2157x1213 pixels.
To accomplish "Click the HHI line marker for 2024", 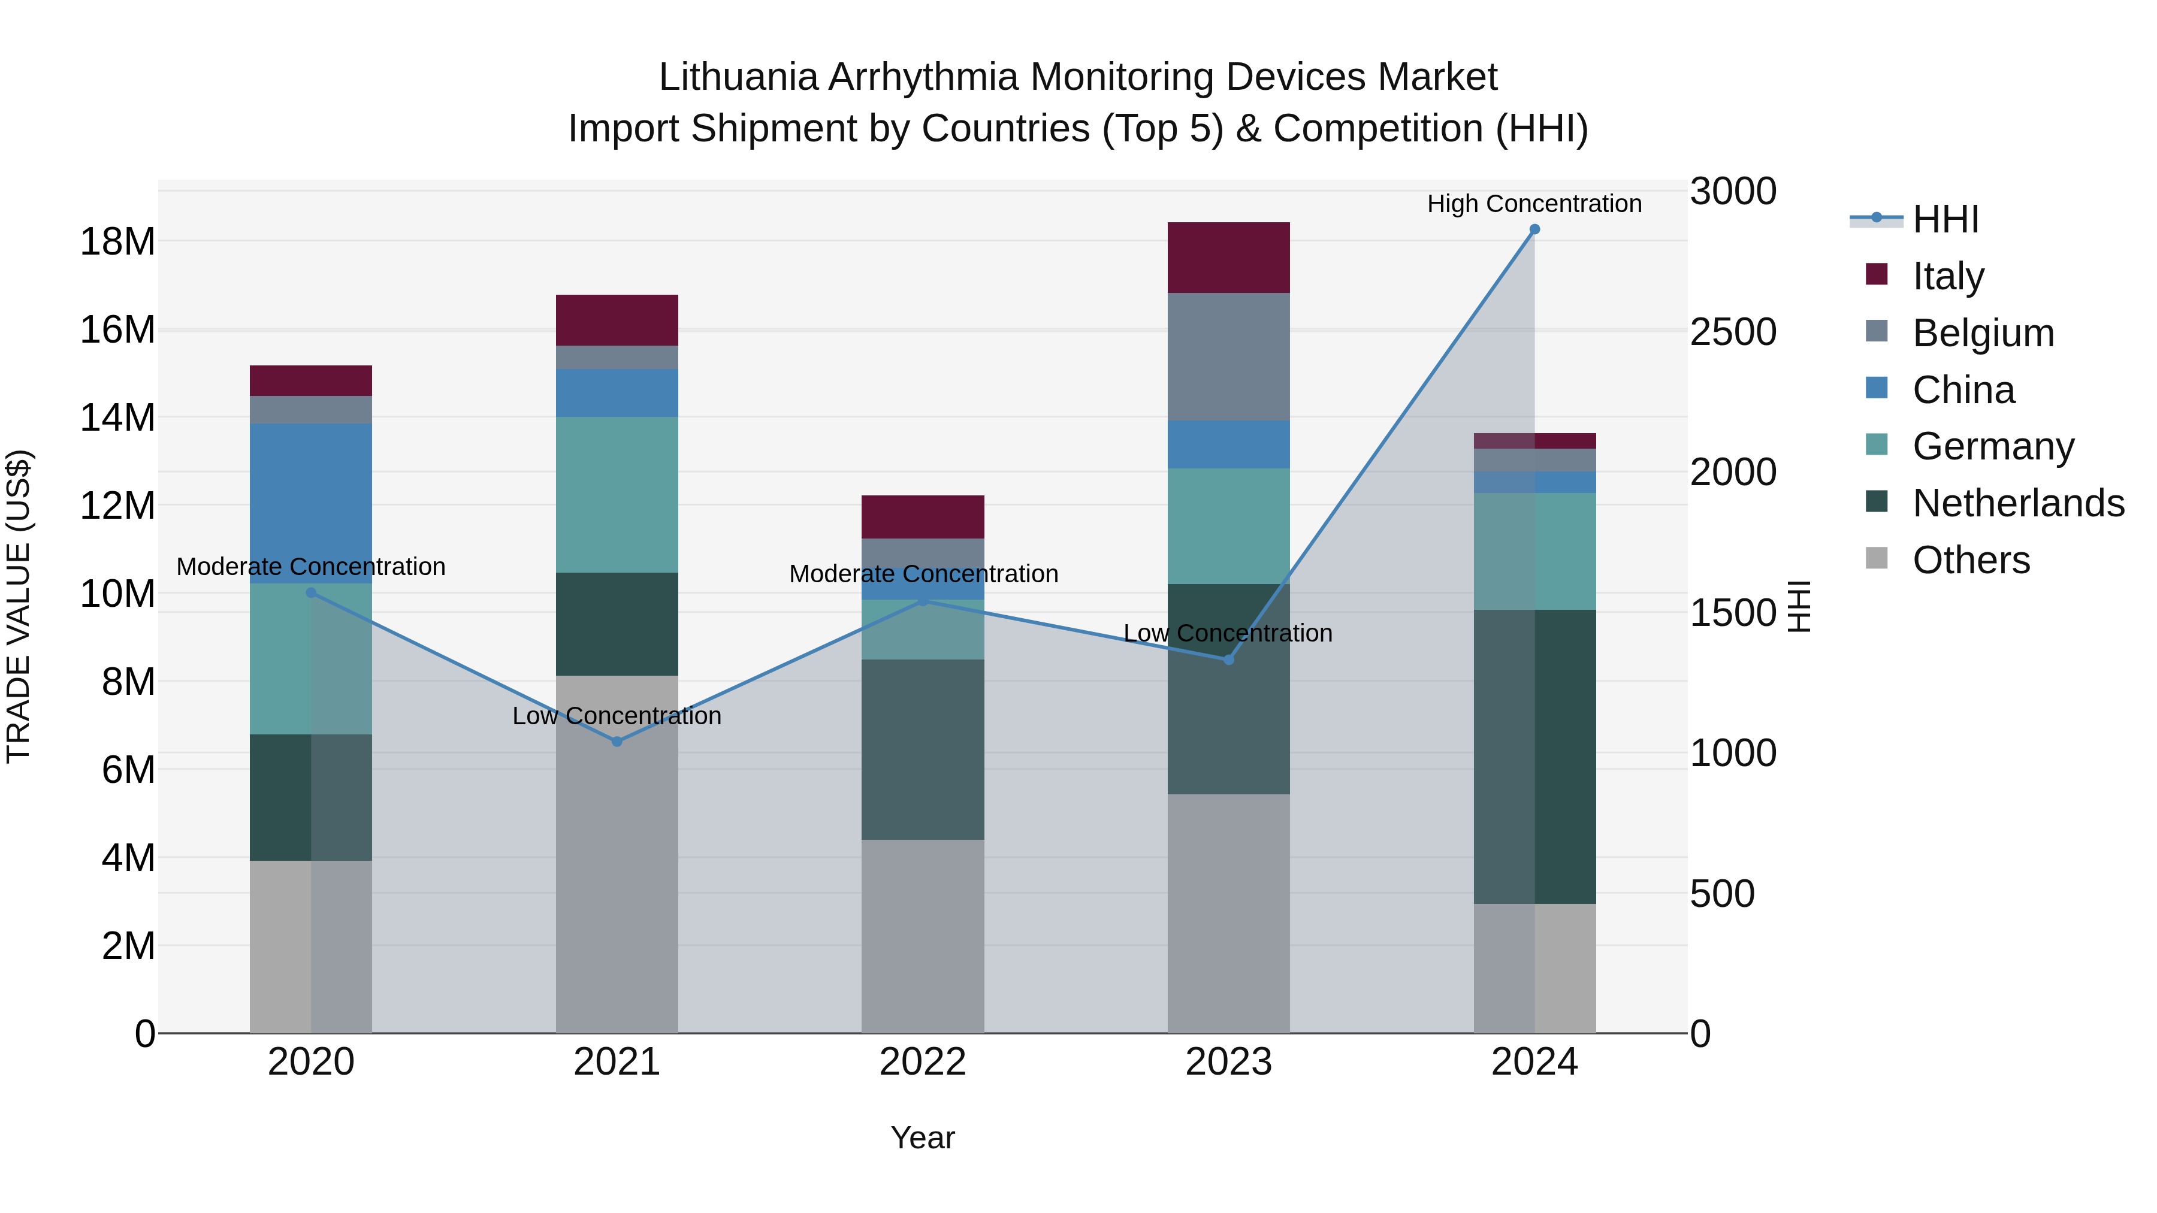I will pos(1534,229).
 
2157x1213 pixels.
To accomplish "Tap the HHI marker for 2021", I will pos(617,742).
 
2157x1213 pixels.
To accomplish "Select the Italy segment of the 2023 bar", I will pos(1228,258).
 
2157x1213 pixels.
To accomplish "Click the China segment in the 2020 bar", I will pos(310,503).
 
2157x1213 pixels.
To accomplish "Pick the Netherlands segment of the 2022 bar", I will pos(923,749).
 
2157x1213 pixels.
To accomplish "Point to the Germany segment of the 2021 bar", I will pos(617,495).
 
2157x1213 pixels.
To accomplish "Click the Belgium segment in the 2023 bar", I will pos(1228,356).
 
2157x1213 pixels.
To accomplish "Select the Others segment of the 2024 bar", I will pos(1534,968).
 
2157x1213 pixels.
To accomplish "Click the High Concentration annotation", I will pos(1534,204).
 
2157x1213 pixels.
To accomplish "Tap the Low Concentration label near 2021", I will pos(617,716).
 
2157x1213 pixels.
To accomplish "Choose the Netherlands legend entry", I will pos(2018,504).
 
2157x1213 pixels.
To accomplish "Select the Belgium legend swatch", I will pos(1877,331).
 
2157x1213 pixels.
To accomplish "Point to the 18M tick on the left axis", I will pos(117,242).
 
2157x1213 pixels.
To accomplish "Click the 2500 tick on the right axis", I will pos(1732,332).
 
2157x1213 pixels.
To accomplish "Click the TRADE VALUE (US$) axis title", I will pos(19,606).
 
